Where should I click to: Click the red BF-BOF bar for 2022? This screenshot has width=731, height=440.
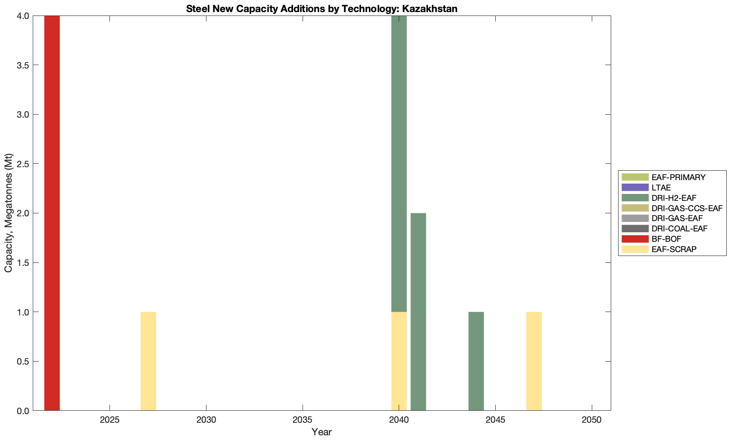[52, 213]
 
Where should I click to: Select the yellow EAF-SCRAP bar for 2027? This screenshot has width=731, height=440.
[148, 361]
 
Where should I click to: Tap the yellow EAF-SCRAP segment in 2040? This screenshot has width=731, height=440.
[399, 361]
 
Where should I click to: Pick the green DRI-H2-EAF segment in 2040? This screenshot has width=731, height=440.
[399, 164]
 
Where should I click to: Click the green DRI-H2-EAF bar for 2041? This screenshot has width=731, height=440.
[418, 312]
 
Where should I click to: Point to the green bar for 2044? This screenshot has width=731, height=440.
[476, 361]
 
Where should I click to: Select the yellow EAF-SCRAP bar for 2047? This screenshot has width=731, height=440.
[534, 361]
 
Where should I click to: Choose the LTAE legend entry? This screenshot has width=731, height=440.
[661, 187]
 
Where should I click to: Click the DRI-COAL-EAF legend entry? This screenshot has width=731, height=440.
[679, 228]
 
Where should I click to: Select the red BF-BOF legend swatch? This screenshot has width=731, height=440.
[635, 239]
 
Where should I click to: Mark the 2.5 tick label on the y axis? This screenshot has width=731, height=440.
[22, 164]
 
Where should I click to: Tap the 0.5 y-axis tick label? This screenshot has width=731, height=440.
[22, 361]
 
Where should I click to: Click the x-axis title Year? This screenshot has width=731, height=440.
[322, 432]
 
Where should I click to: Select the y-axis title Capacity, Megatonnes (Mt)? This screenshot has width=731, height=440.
[9, 213]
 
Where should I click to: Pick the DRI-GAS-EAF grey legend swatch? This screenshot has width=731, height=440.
[635, 218]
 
